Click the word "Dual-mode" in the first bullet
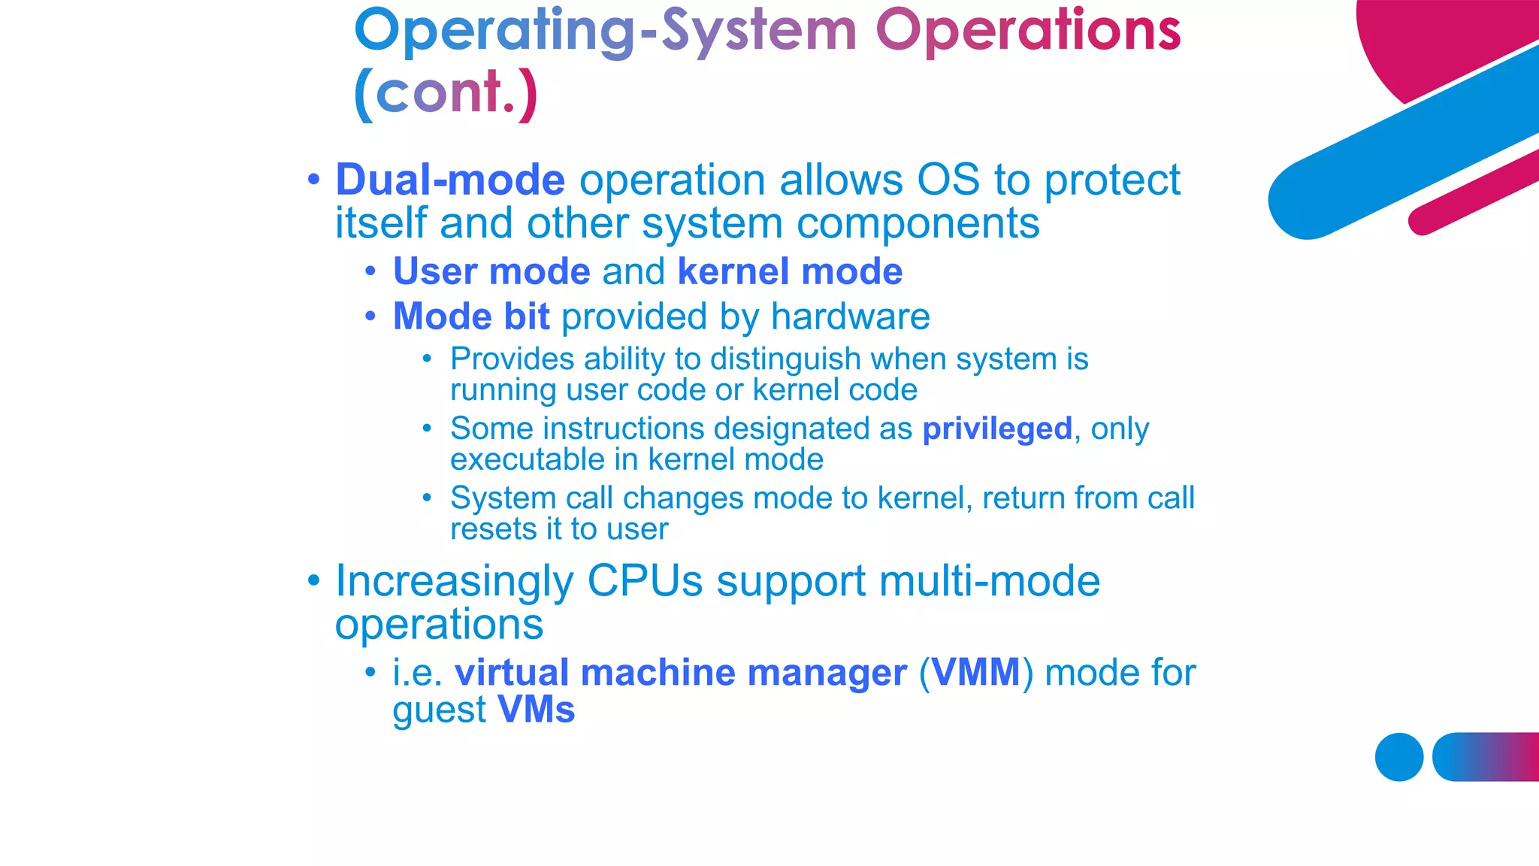449,180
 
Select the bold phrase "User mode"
491,271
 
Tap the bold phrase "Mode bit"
471,316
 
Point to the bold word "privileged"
997,429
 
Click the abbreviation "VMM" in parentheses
975,672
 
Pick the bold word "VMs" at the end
536,710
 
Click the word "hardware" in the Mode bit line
850,316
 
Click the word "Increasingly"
454,581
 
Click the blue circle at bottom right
1398,757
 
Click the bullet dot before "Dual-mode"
314,180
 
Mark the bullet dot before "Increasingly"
314,581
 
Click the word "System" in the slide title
759,32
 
